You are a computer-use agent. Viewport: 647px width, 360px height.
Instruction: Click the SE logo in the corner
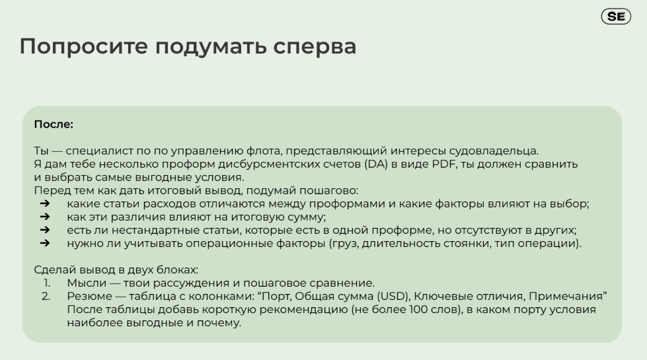pos(615,17)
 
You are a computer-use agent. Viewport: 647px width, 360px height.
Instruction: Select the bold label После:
pos(54,124)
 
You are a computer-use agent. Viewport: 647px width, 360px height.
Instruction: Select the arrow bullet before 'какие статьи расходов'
pos(44,203)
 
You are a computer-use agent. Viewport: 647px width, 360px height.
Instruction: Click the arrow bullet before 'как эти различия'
pos(44,217)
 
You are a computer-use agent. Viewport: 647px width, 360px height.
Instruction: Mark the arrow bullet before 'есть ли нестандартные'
pos(44,230)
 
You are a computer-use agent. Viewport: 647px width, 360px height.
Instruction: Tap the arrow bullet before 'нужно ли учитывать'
pos(44,243)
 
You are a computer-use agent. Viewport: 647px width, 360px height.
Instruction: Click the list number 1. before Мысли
pos(47,283)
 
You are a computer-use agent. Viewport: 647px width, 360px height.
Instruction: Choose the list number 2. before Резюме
pos(46,296)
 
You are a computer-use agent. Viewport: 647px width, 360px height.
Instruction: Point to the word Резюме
pos(89,296)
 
